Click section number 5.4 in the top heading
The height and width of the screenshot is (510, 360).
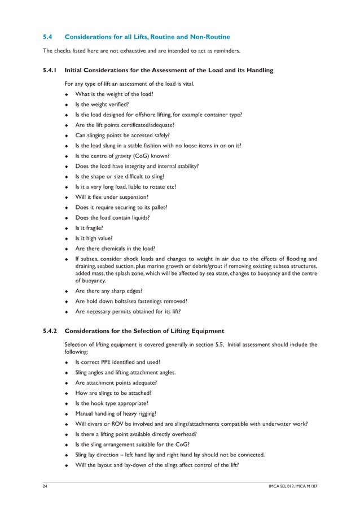click(x=48, y=37)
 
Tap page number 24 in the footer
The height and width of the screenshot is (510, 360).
click(x=46, y=486)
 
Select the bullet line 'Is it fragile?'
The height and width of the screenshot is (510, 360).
click(x=89, y=228)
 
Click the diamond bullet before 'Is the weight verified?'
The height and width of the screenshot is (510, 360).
click(x=67, y=104)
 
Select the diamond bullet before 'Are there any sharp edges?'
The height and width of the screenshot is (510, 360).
click(x=67, y=291)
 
